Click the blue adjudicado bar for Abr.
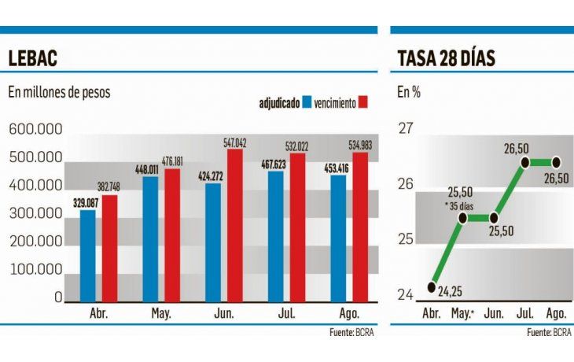pos(87,256)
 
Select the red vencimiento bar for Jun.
pos(235,227)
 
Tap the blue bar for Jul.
pos(276,237)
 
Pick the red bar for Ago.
pos(360,228)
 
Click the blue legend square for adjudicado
pos(307,102)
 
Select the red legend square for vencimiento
pos(362,102)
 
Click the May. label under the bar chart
pos(162,313)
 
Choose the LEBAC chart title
pos(32,58)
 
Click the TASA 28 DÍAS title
pos(445,58)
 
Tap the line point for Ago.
pos(555,162)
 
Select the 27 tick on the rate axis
pos(406,129)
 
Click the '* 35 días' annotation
pos(461,206)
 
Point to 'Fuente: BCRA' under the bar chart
pos(353,334)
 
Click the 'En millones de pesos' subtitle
pos(59,92)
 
